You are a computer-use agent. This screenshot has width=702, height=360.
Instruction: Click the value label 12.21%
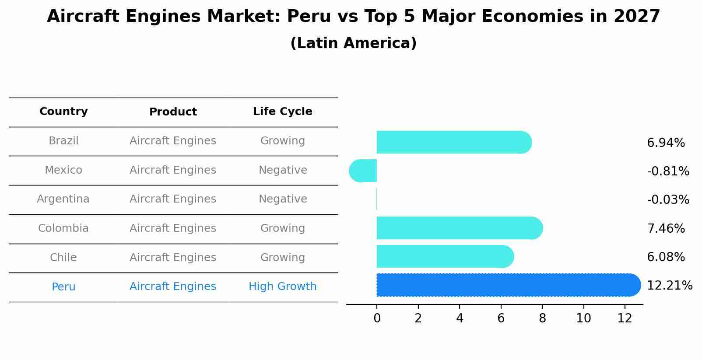669,286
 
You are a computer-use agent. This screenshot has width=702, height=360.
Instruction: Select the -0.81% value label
668,171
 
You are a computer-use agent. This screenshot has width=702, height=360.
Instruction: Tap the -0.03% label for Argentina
668,199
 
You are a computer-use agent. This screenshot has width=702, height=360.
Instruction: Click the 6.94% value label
666,143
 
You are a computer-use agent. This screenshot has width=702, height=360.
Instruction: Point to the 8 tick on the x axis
542,318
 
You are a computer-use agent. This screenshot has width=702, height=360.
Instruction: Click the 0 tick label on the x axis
377,318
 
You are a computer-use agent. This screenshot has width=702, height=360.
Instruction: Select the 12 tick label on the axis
625,318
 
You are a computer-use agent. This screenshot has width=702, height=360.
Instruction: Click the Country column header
63,112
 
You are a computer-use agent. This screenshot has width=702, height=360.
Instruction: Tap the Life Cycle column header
282,112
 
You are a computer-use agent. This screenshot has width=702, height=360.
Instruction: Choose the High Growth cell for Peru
282,287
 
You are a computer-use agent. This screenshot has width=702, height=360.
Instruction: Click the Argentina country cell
63,199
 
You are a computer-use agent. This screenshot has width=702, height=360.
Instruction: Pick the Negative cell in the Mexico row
282,170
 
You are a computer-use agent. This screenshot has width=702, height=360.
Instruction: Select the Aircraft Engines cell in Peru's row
173,287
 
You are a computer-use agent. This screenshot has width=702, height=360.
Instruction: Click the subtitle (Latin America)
353,43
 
